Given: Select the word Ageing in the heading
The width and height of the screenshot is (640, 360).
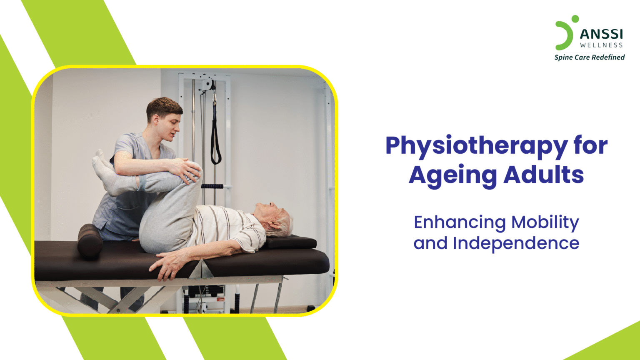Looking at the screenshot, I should [452, 175].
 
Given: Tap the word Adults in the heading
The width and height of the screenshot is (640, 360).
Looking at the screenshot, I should [543, 175].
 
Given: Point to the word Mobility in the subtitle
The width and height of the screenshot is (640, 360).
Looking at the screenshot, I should [545, 222].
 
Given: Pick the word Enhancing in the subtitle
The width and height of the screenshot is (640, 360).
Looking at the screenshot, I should [459, 222].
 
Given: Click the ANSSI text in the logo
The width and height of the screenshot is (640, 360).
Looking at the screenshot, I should [601, 34].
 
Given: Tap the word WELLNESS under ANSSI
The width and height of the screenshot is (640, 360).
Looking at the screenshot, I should [601, 45].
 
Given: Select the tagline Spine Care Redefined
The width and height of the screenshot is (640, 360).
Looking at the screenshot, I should [589, 57].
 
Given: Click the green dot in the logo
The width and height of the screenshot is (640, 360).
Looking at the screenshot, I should [575, 19].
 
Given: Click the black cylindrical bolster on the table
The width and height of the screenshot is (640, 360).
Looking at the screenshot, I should [90, 240].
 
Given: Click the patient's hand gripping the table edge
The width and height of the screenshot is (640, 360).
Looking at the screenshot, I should [169, 265].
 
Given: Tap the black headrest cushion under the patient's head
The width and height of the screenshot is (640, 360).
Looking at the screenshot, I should [292, 241].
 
